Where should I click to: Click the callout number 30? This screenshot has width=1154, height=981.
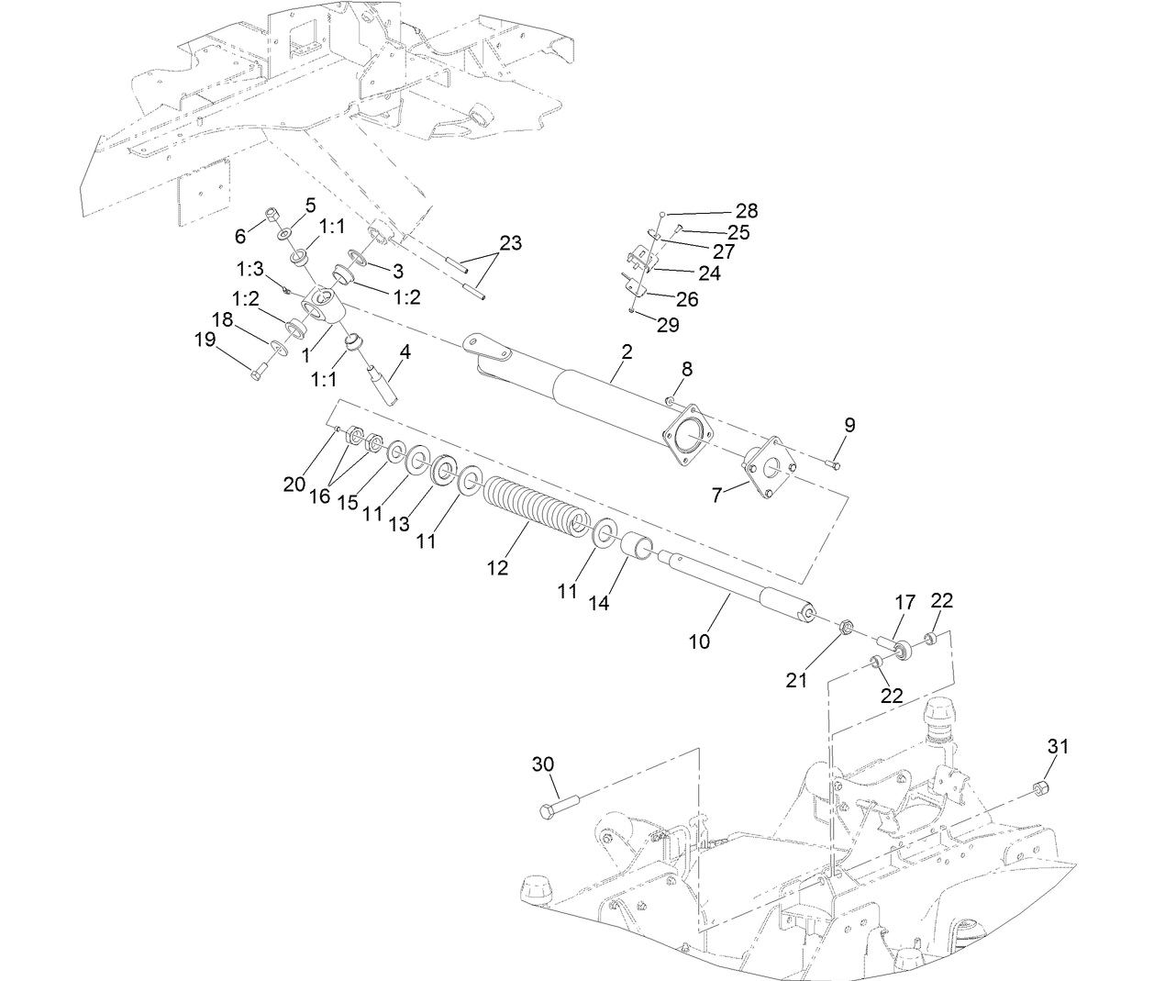[543, 764]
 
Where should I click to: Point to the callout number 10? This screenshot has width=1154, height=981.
[699, 641]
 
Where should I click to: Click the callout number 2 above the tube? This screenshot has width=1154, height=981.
[626, 351]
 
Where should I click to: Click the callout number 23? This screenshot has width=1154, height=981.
[510, 243]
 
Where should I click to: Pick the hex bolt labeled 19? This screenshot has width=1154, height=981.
[257, 372]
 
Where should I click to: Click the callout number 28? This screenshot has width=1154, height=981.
[747, 211]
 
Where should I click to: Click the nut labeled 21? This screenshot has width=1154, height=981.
[848, 627]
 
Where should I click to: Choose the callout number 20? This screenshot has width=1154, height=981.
[294, 484]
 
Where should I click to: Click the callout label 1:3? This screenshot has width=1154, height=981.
[250, 269]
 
